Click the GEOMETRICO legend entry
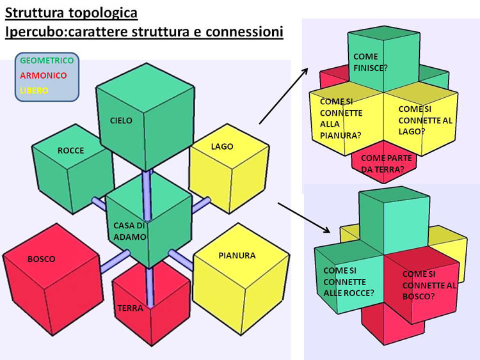(x=47, y=61)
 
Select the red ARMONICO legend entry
(x=43, y=75)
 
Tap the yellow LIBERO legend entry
(x=34, y=91)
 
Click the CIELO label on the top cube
(x=121, y=121)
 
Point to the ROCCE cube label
(x=70, y=151)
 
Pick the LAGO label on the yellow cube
(x=222, y=146)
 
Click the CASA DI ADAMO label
(x=130, y=231)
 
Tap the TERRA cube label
(x=130, y=308)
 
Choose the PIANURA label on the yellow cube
(x=237, y=255)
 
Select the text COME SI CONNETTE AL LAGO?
(x=420, y=120)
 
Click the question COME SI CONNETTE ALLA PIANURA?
(x=340, y=118)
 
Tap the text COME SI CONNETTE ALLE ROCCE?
(x=349, y=281)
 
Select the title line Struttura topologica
(x=71, y=13)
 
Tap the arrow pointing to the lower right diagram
(x=304, y=217)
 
